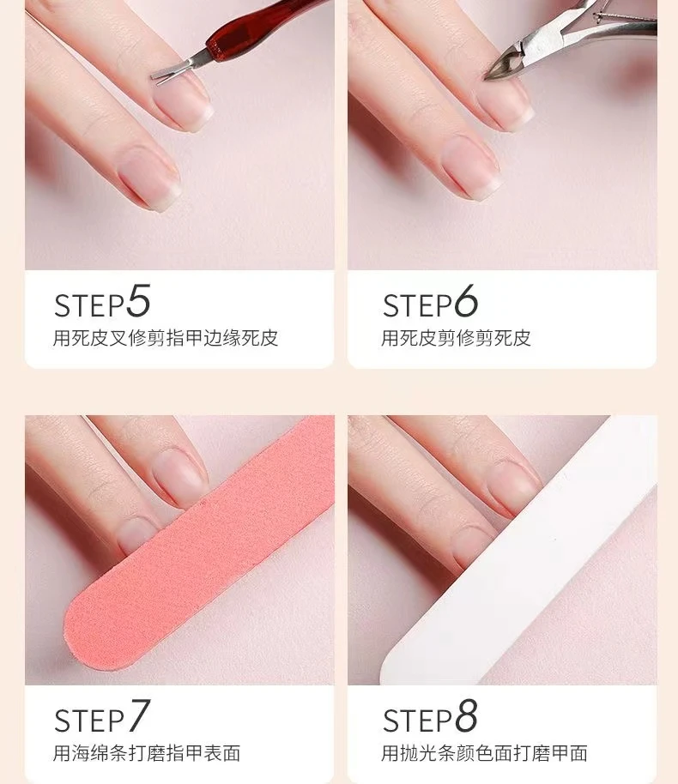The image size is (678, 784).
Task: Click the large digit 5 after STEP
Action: tap(138, 300)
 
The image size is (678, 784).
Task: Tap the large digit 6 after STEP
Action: tap(466, 300)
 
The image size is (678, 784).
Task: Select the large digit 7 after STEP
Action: tap(138, 715)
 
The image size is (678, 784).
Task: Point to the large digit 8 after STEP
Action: tap(466, 715)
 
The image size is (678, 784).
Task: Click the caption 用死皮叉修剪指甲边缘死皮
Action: tap(166, 338)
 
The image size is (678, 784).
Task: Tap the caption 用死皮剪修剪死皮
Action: tap(456, 338)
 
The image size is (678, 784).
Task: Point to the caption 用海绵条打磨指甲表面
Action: tap(147, 753)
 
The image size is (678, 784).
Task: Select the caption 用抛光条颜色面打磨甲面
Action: tap(484, 753)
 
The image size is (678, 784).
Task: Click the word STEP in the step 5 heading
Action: tap(89, 305)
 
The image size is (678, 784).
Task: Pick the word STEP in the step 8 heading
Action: tap(418, 721)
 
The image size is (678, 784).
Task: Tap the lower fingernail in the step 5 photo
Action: tap(149, 178)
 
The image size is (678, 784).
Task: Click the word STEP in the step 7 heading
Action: tap(89, 721)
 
